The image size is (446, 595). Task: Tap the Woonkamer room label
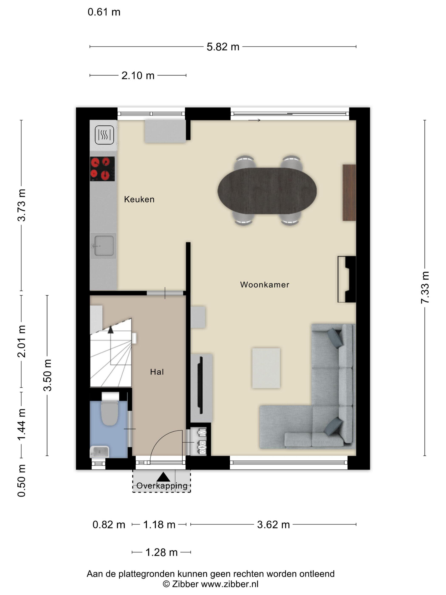265,285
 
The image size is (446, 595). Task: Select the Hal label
157,372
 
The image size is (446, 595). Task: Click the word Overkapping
162,486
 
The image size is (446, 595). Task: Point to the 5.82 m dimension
223,47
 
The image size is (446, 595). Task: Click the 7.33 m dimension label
425,288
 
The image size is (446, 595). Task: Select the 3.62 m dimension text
273,524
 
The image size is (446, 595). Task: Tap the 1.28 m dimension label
162,552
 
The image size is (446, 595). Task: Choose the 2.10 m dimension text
138,76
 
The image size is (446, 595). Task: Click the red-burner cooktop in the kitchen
102,169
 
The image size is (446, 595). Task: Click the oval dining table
267,191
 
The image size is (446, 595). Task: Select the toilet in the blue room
110,409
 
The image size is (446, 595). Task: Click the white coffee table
266,368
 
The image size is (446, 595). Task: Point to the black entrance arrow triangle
163,477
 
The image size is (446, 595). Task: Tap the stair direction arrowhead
110,330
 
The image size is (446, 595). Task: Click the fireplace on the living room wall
347,279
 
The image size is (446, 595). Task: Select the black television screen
200,385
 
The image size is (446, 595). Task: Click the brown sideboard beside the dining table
349,193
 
